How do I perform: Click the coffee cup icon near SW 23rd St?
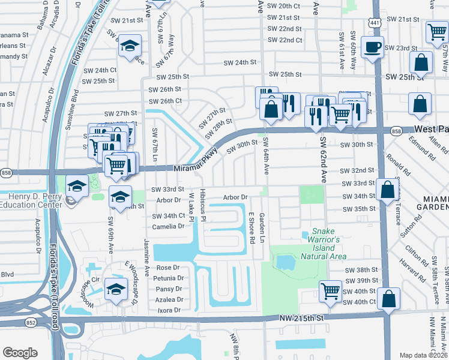point(373,47)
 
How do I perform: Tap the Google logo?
point(20,353)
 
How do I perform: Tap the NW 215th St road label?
point(304,317)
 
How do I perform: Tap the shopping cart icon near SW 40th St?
point(330,292)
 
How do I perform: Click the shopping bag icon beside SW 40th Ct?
point(389,298)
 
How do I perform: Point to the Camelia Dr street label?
point(168,226)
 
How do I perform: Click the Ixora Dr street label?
point(169,310)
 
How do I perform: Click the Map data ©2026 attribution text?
point(423,355)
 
